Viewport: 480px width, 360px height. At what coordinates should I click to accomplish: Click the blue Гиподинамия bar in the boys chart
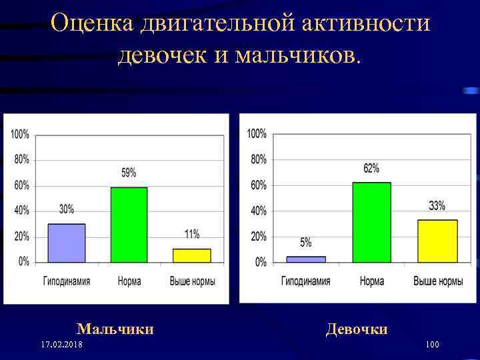(x=67, y=243)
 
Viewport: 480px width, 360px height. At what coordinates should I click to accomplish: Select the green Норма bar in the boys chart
(x=129, y=225)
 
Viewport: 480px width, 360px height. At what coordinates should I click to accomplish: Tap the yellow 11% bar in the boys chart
(x=191, y=255)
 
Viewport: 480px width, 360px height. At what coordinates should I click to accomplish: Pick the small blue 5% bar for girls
(x=306, y=259)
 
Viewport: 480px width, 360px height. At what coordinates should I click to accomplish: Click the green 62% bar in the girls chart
(x=371, y=222)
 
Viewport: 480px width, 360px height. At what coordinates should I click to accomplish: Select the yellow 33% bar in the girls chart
(x=437, y=241)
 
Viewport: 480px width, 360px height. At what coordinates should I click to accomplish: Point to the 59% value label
(x=129, y=173)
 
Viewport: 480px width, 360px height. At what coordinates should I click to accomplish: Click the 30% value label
(x=67, y=209)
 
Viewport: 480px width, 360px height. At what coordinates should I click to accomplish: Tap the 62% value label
(x=371, y=169)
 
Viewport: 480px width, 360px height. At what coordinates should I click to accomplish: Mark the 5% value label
(x=306, y=243)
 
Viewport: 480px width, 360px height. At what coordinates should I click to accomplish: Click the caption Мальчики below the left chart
(x=115, y=329)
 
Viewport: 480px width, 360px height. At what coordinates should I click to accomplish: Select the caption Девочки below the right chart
(x=357, y=329)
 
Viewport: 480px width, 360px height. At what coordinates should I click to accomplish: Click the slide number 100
(x=431, y=345)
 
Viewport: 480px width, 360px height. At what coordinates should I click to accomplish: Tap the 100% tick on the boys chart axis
(x=19, y=134)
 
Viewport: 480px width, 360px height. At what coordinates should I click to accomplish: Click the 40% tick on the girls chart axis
(x=258, y=211)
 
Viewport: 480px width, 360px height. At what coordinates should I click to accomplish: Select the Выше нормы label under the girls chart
(x=438, y=281)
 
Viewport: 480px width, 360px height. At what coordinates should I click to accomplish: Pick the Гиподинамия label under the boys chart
(x=67, y=281)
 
